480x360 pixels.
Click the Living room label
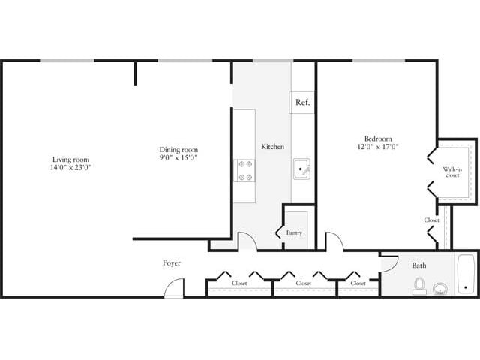(71, 159)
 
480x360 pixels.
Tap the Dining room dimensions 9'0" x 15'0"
(178, 157)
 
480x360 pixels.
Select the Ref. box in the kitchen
(302, 102)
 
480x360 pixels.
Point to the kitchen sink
(301, 170)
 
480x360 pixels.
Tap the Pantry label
(295, 232)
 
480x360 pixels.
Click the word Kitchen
(272, 147)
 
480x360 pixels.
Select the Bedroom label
(378, 138)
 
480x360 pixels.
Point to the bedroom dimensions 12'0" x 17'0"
(378, 147)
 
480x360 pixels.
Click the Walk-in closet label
(451, 172)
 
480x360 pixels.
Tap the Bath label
(418, 265)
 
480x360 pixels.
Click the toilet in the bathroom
(420, 286)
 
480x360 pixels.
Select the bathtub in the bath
(466, 274)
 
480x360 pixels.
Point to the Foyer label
(172, 263)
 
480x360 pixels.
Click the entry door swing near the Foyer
(175, 288)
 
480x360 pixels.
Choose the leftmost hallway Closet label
(239, 283)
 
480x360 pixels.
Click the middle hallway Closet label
(304, 283)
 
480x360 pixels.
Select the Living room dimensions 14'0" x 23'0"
(71, 168)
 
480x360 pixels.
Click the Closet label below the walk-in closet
(431, 220)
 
